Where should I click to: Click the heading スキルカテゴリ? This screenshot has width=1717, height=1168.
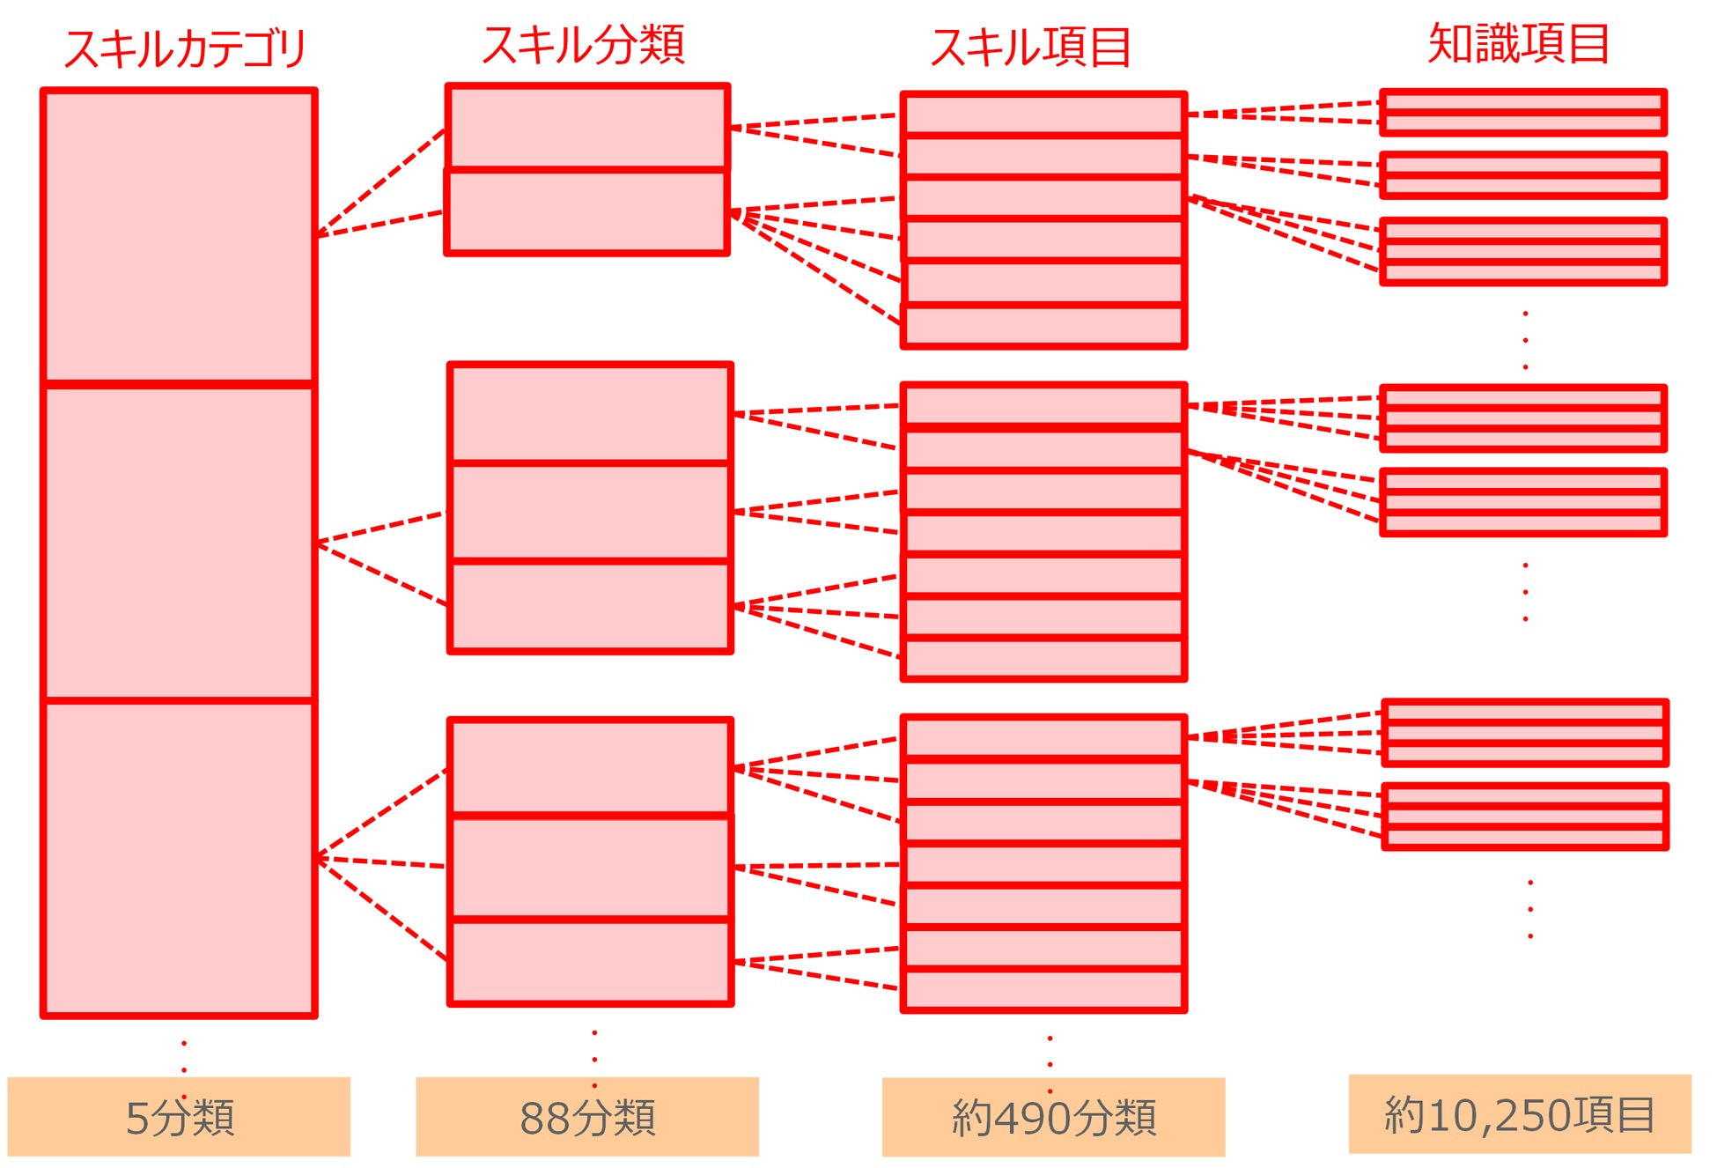pos(185,48)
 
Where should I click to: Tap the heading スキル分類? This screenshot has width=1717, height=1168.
pos(584,44)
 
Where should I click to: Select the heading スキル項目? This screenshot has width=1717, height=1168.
pos(1031,47)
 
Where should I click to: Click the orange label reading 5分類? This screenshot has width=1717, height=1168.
pos(179,1117)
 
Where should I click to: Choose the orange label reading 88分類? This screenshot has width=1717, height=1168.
pos(587,1117)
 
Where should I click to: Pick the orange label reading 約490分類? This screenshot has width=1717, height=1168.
pos(1053,1117)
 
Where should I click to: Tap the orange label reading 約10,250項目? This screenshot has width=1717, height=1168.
pos(1520,1114)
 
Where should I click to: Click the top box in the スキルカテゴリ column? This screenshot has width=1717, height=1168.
pos(179,236)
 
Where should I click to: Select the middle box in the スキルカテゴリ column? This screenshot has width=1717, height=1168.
pos(179,543)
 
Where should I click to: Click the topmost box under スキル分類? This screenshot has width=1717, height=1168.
pos(587,126)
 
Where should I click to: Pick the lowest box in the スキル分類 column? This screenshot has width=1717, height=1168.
pos(590,962)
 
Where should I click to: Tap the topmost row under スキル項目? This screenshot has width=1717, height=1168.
pos(1043,115)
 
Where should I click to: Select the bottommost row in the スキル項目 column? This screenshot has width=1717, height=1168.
pos(1043,990)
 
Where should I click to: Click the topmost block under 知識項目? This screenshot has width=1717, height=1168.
pos(1523,112)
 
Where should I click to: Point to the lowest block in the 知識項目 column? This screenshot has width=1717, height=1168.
pos(1526,817)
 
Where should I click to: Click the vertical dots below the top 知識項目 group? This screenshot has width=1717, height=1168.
pos(1525,340)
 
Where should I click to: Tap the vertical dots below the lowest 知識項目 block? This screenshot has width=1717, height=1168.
pos(1530,909)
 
